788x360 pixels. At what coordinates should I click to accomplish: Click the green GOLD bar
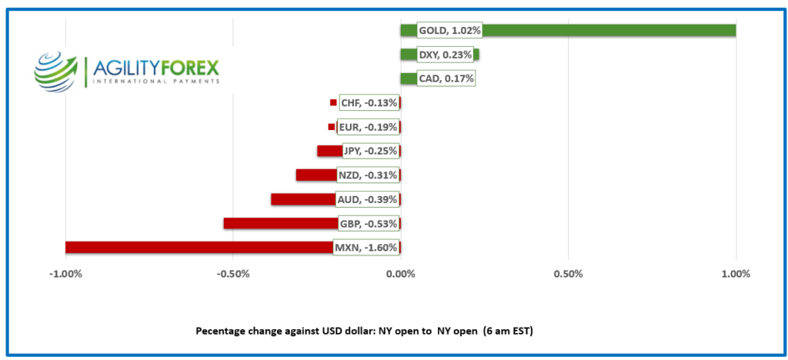(x=608, y=31)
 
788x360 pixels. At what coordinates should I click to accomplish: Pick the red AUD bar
(x=304, y=200)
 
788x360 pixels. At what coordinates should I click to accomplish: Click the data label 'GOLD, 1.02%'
(x=449, y=31)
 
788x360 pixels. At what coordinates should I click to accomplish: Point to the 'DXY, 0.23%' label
(x=445, y=55)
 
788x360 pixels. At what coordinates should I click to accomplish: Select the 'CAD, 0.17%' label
(x=446, y=78)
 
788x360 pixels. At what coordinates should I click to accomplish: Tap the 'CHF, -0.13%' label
(x=369, y=103)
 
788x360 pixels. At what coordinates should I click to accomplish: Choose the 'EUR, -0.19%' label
(x=367, y=127)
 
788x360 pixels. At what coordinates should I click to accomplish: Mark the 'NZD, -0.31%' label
(x=367, y=175)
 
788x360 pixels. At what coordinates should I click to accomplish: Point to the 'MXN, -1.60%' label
(x=366, y=248)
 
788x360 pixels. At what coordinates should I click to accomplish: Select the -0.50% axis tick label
(x=232, y=274)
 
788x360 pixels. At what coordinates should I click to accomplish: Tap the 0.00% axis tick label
(x=400, y=274)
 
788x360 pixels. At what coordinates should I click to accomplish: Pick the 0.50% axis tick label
(x=568, y=274)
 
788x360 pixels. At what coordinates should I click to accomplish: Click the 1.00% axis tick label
(x=736, y=274)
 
